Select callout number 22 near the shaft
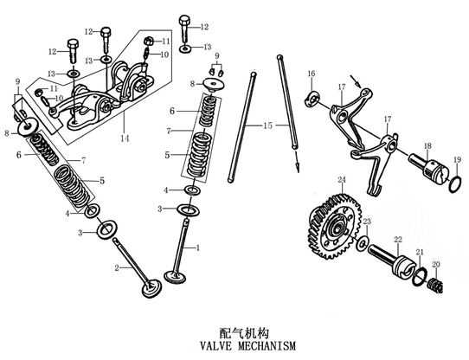click(x=398, y=239)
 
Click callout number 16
click(x=312, y=73)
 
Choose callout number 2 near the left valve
click(x=116, y=268)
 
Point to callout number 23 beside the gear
click(x=366, y=222)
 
